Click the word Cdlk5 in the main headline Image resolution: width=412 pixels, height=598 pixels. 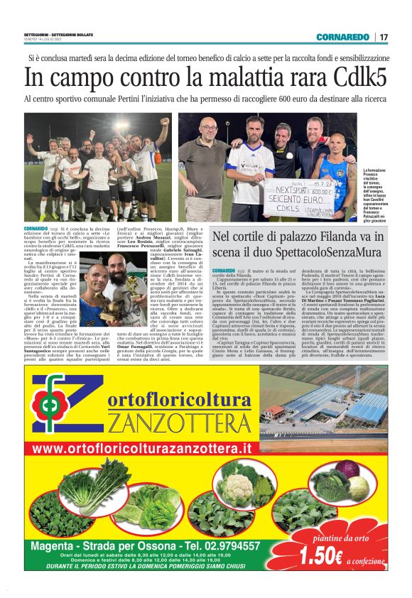click(x=347, y=75)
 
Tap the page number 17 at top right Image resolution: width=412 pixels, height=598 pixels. click(x=384, y=37)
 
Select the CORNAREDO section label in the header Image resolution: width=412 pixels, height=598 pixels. click(x=342, y=37)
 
